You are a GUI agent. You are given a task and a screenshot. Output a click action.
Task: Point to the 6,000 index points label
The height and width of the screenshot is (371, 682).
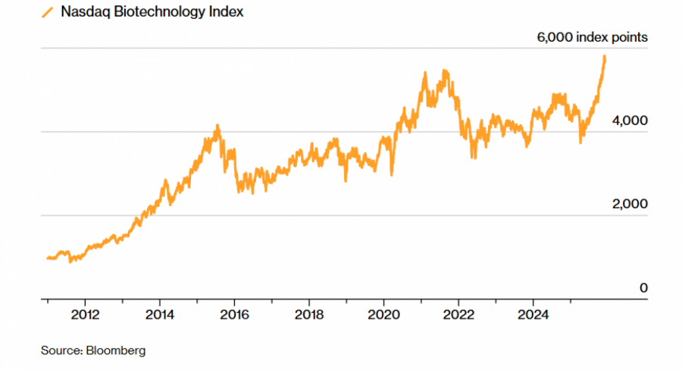(x=593, y=36)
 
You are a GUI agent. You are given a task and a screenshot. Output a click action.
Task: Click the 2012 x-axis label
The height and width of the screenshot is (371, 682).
(x=85, y=313)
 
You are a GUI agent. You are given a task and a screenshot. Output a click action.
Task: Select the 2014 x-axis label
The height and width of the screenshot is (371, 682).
(x=160, y=313)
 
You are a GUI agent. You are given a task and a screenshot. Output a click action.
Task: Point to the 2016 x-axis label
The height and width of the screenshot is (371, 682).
(x=234, y=313)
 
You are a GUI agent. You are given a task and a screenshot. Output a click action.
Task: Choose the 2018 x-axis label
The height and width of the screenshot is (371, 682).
(x=309, y=313)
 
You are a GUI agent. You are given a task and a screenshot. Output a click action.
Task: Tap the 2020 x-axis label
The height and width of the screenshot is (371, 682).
(x=383, y=313)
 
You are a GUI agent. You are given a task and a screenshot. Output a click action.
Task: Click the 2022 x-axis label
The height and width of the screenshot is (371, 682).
(x=458, y=313)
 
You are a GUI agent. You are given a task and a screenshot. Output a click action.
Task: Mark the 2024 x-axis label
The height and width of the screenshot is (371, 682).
(x=533, y=313)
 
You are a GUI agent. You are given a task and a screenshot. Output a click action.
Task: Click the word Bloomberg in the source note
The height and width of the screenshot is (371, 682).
(x=117, y=351)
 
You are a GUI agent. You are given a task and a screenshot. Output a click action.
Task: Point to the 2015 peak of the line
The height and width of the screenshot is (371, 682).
(x=217, y=126)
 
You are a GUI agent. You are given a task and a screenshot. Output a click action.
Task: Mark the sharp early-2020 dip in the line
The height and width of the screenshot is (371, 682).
(x=391, y=174)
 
